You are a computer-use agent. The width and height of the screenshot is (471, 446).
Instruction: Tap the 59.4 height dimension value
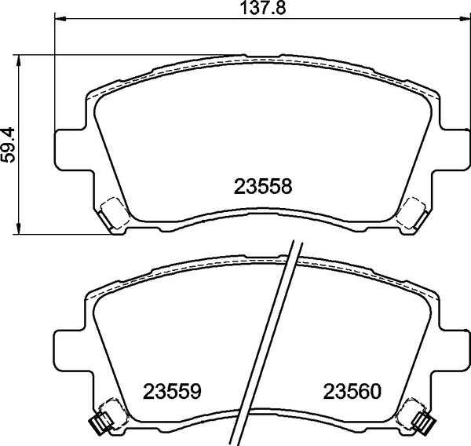pyautogui.click(x=9, y=144)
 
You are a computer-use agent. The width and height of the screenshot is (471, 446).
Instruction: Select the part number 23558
pyautogui.click(x=262, y=186)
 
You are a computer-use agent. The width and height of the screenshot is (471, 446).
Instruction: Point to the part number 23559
pyautogui.click(x=173, y=390)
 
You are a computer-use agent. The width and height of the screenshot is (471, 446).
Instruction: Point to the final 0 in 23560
pyautogui.click(x=375, y=390)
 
